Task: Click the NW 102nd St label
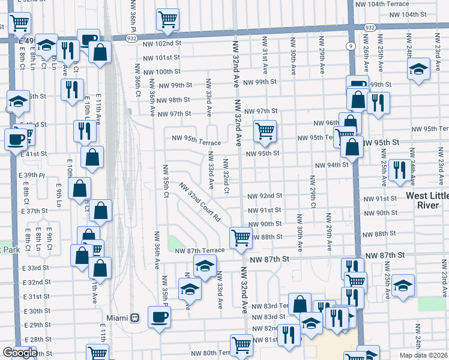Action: point(162,43)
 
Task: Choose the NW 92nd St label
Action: point(265,196)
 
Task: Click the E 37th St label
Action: point(36,211)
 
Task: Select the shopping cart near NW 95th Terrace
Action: point(265,130)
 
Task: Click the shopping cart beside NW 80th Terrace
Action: point(241,344)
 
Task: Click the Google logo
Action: point(19,353)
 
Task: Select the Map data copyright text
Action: point(423,355)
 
